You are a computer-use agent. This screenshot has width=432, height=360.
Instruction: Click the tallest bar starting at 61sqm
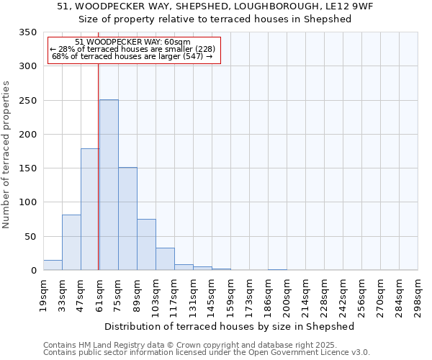(109, 185)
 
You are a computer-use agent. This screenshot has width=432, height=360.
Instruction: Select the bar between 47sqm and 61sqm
(89, 210)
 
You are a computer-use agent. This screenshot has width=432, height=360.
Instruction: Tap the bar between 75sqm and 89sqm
(127, 219)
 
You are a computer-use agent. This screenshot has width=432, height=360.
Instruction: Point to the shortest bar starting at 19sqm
(53, 265)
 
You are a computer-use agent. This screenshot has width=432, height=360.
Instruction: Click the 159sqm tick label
(231, 295)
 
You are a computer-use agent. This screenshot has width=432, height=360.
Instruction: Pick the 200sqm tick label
(287, 295)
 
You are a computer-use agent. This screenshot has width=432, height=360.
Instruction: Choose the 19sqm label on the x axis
(43, 295)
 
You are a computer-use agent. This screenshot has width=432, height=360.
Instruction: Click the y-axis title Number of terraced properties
(6, 155)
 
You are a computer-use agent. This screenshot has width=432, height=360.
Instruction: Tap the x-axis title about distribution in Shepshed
(230, 326)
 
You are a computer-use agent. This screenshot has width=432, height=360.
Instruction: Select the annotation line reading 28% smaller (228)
(132, 49)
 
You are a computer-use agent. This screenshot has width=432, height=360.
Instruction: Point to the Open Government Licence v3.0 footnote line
(207, 353)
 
